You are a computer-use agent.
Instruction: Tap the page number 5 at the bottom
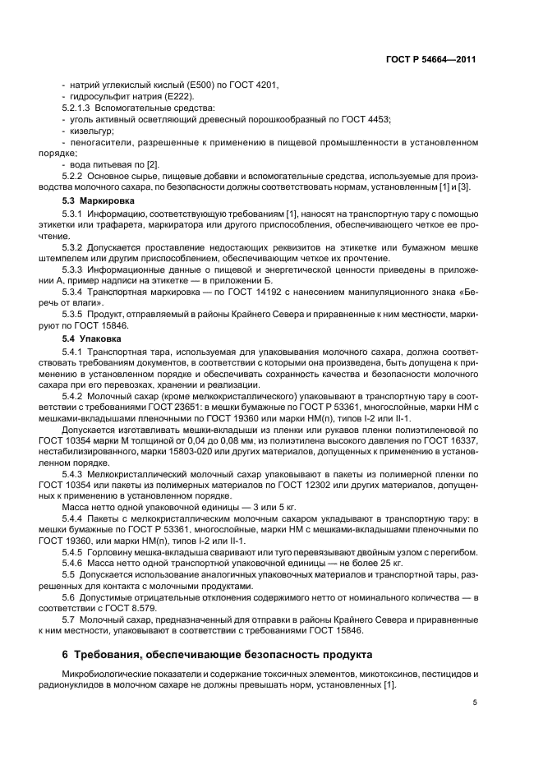click(474, 702)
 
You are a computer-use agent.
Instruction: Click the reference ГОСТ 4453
click(366, 119)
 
